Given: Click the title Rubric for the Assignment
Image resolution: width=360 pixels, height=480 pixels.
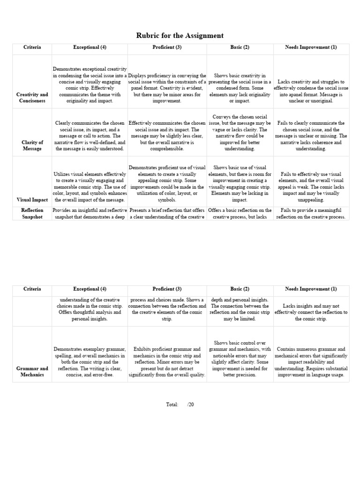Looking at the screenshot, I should point(180,36).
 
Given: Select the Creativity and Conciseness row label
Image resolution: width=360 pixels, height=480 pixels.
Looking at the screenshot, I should point(32,97).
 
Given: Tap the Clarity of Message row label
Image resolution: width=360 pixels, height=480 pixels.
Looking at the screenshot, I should point(32,145).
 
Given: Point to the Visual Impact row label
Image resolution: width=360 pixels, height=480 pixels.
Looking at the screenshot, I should point(32,200).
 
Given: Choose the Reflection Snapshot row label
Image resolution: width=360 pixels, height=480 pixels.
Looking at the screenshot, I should point(32,214).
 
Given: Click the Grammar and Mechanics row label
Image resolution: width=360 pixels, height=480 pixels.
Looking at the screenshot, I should point(32,371).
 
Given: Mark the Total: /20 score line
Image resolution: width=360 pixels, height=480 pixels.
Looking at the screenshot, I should point(180,405).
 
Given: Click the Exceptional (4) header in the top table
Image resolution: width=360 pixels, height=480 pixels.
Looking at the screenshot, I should point(90,47).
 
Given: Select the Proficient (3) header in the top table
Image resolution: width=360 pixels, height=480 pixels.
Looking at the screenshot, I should point(167,47).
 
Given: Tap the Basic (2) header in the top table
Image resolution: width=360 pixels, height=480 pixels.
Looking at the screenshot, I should point(240,47).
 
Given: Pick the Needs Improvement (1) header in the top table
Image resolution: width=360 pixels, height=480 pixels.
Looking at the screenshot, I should point(311,47).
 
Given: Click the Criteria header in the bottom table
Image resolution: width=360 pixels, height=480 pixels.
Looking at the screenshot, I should point(32,289).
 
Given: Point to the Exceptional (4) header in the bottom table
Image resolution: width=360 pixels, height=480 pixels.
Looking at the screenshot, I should point(90,289).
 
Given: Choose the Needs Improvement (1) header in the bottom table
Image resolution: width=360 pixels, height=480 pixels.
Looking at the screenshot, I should point(311,289).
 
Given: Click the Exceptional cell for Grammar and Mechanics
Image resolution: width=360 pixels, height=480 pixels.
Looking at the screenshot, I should point(90,362).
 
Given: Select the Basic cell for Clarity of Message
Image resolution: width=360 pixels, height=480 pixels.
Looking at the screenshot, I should point(240,133).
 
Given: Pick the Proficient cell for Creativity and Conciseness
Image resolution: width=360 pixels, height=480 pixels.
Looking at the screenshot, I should point(167,88).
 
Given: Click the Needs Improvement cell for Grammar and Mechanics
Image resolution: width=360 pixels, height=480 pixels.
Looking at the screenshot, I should point(311,362).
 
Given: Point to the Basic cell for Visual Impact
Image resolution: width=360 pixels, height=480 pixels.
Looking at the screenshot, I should point(240,183).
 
